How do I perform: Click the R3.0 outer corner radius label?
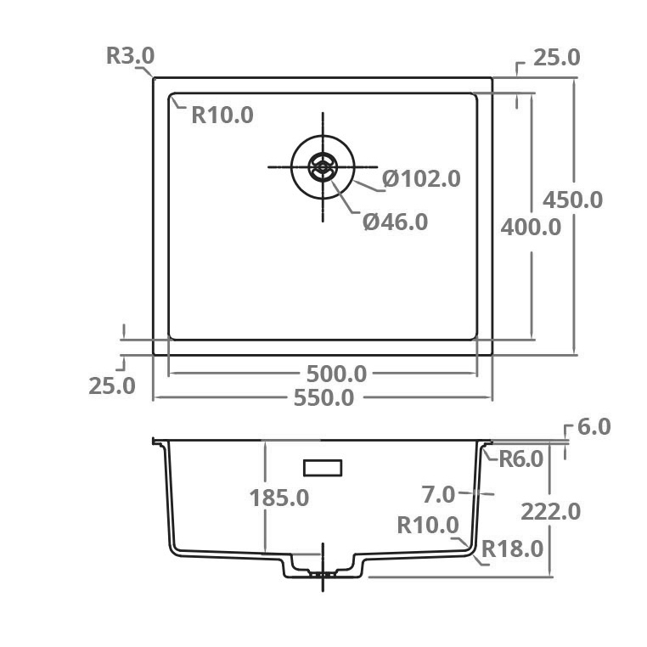coord(130,56)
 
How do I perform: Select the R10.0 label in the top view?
coord(222,115)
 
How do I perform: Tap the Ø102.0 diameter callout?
coord(421,178)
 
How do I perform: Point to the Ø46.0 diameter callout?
coord(395,222)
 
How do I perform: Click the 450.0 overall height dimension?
coord(573,200)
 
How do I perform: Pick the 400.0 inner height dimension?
coord(531,227)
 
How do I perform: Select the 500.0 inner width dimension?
coord(336,374)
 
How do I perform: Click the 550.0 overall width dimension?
coord(323,397)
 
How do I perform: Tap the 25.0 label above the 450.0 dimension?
coord(556,58)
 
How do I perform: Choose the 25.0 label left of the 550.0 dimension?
coord(112,385)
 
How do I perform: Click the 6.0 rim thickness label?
coord(594,427)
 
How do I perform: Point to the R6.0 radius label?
coord(520,459)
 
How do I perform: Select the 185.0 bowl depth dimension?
coord(279,498)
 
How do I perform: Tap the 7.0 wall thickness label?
coord(439,493)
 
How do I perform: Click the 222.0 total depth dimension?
coord(551,511)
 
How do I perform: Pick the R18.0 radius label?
coord(512,549)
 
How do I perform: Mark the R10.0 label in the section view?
coord(428,526)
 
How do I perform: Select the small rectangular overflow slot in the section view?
coord(323,467)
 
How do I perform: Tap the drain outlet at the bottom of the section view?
coord(322,573)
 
